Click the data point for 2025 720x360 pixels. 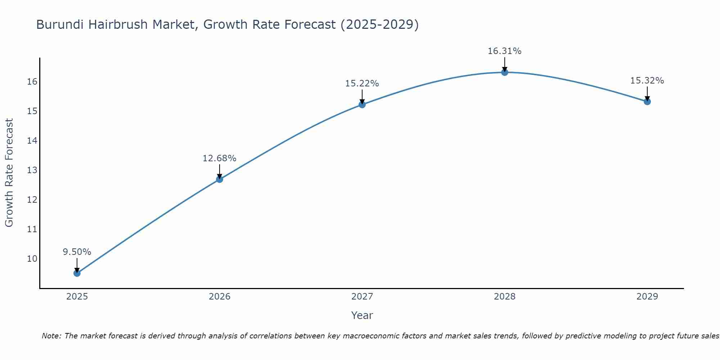pos(77,273)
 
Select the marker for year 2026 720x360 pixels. pos(220,179)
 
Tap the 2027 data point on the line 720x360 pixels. pos(362,104)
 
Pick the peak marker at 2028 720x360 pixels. pos(505,72)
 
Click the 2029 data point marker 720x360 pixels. pos(647,102)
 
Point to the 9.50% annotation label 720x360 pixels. pos(77,252)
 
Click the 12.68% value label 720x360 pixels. pos(220,158)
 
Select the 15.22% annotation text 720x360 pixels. pos(362,84)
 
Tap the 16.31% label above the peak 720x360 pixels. pos(505,51)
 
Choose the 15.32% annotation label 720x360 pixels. pos(647,81)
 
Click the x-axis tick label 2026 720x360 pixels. pos(220,297)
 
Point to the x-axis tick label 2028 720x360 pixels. pos(505,297)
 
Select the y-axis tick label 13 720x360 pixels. pos(32,170)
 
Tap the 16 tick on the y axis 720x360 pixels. pos(32,81)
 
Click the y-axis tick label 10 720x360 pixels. pos(32,258)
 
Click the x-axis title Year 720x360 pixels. pos(362,315)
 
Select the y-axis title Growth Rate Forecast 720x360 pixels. pos(9,173)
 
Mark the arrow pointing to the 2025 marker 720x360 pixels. pos(77,266)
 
